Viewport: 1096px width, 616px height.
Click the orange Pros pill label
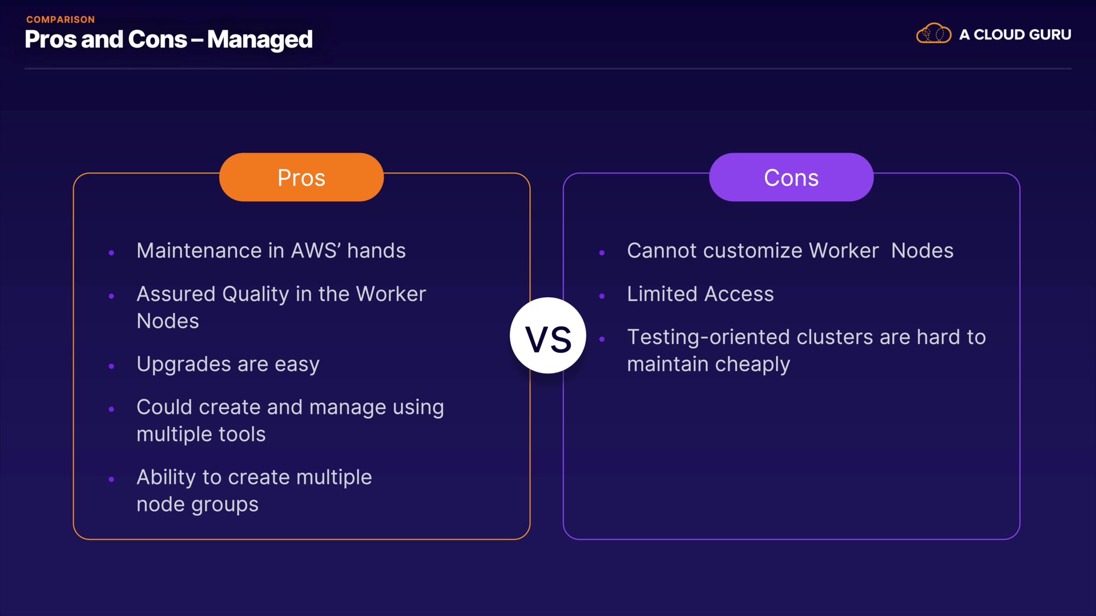click(301, 177)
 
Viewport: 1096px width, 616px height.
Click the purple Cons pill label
click(791, 177)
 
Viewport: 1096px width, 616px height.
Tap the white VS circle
click(548, 335)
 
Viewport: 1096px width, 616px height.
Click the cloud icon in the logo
click(934, 34)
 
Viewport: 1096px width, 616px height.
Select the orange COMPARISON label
click(61, 19)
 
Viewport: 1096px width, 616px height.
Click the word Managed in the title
click(260, 40)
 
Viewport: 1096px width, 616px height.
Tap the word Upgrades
click(184, 364)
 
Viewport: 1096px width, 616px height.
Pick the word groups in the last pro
click(225, 505)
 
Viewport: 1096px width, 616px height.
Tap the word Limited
click(662, 294)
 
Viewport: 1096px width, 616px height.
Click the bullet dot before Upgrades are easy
click(111, 366)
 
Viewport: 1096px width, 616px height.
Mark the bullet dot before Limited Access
click(602, 296)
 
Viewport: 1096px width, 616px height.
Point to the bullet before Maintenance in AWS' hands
click(111, 253)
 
